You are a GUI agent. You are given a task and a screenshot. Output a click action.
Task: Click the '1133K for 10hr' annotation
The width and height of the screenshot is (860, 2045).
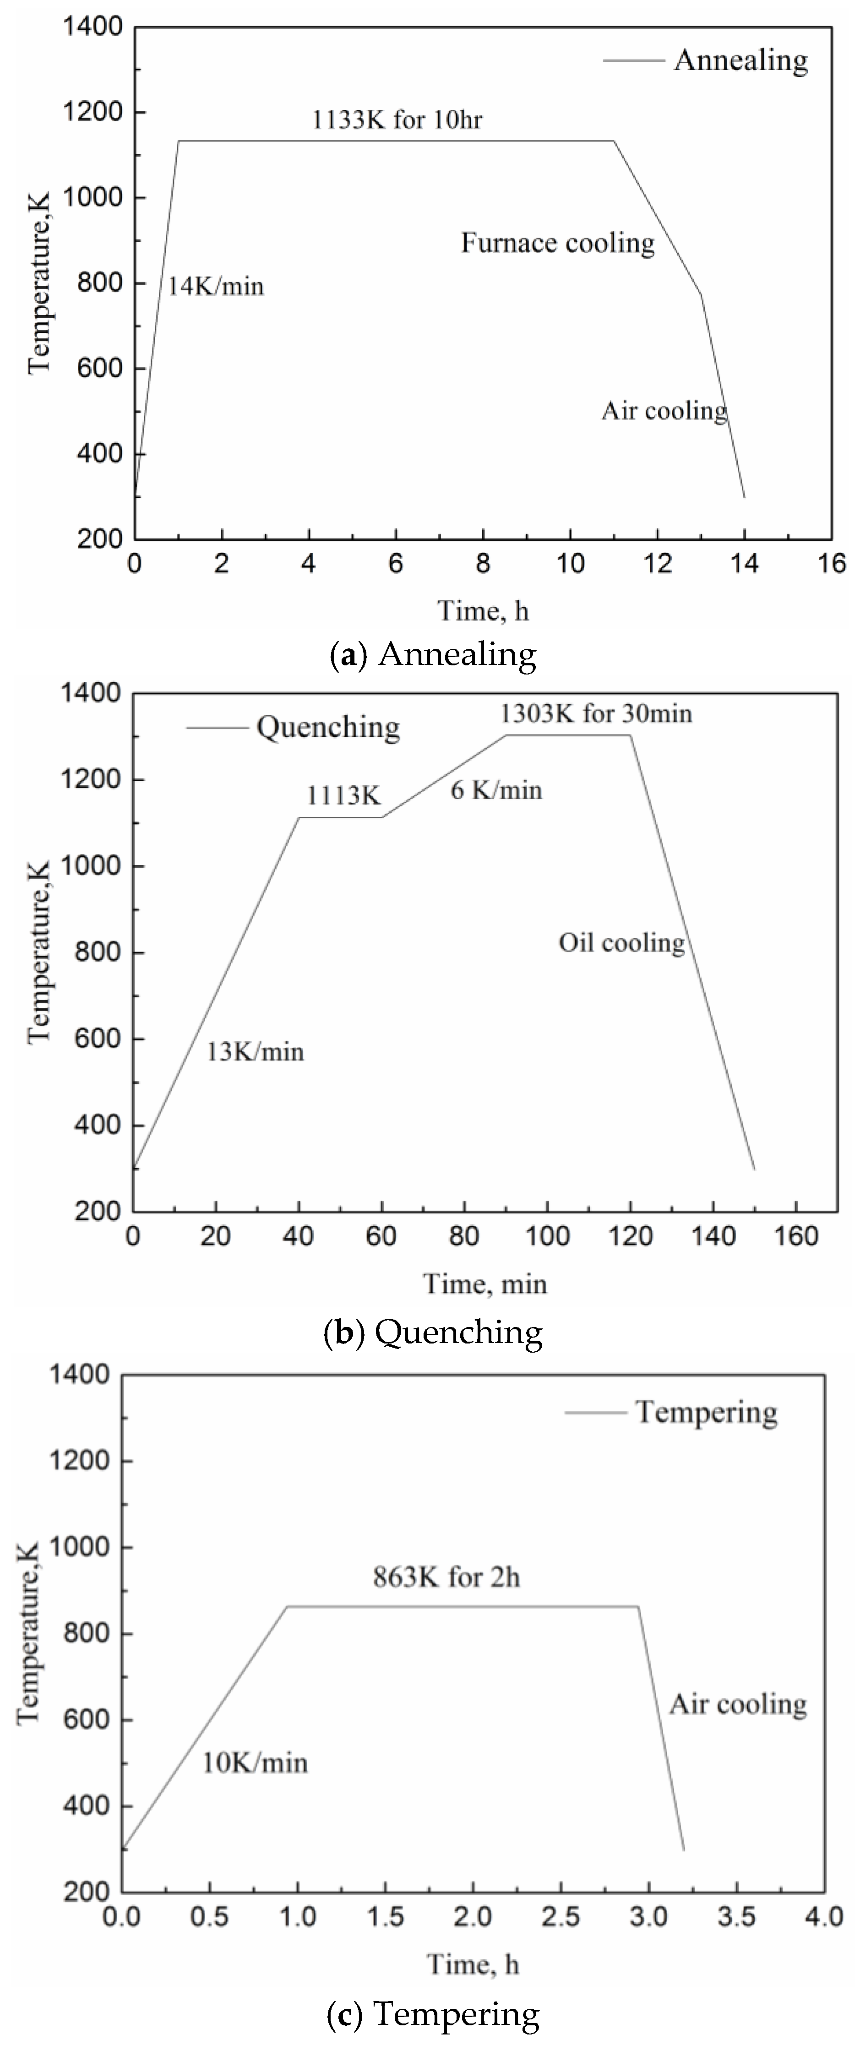(x=397, y=120)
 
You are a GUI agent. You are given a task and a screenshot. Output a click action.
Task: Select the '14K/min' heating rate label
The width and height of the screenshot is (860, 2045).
(x=215, y=286)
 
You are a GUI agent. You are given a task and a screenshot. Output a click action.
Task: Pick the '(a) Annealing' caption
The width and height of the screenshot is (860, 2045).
(x=433, y=654)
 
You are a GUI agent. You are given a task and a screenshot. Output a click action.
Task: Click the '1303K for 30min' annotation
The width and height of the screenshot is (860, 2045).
(x=596, y=714)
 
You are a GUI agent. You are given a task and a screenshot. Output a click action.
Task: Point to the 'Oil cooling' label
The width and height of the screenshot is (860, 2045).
(x=621, y=943)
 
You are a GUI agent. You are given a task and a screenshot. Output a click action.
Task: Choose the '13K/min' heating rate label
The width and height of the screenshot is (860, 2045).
(x=255, y=1052)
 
